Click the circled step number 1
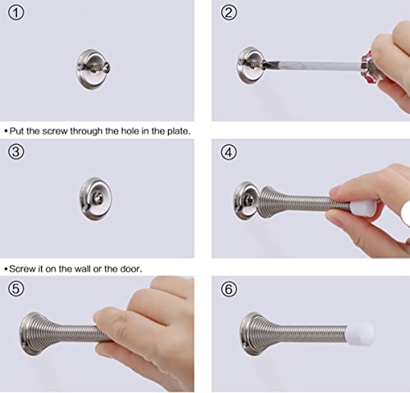click(x=16, y=13)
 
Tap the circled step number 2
click(x=229, y=13)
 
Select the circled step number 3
click(x=16, y=151)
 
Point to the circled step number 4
click(x=229, y=152)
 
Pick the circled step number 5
click(x=16, y=289)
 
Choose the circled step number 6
click(x=229, y=289)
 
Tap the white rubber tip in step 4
click(x=362, y=209)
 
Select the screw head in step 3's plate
click(x=98, y=198)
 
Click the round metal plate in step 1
click(x=93, y=70)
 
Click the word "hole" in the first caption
click(x=130, y=131)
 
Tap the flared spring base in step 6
click(x=253, y=334)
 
